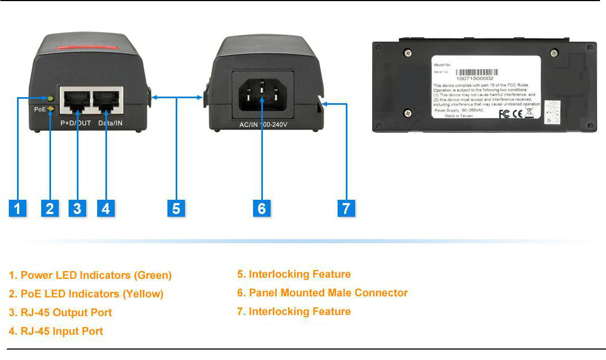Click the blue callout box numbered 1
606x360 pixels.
coord(18,209)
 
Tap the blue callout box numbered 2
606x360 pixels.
coord(50,209)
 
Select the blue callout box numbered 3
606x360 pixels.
coord(77,209)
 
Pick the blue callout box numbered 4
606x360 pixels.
coord(106,209)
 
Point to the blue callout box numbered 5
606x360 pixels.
coord(176,209)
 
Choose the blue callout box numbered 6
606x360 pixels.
coord(262,209)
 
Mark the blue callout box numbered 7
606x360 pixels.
coord(346,209)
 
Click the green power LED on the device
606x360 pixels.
coord(50,99)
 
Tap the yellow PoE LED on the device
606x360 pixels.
coord(50,109)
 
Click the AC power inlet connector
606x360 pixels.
coord(262,93)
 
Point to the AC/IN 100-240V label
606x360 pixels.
coord(263,125)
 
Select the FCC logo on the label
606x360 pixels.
coord(504,114)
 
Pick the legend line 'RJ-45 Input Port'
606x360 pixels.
coord(56,331)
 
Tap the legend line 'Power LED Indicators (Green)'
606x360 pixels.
coord(91,275)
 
